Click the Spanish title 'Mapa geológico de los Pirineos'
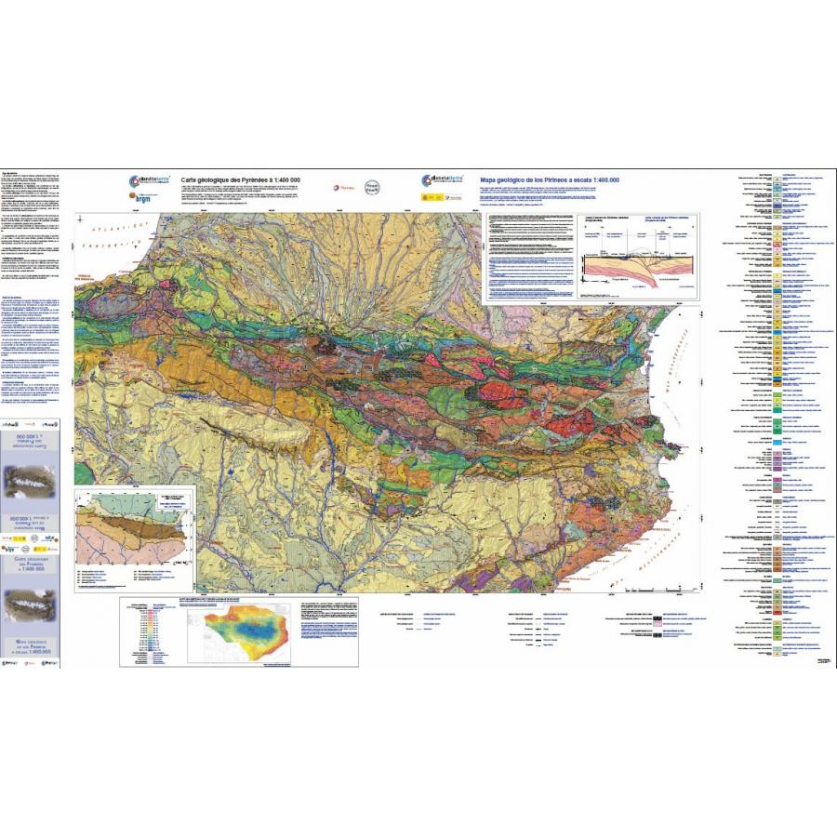coord(548,179)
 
